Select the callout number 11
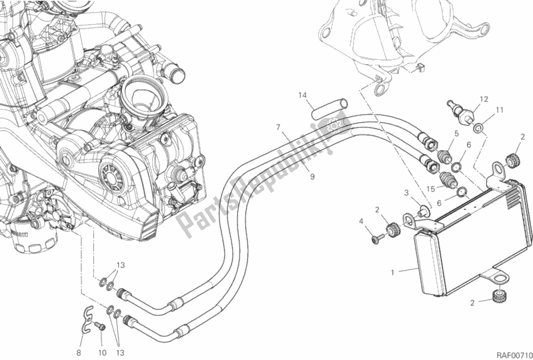tap(499, 110)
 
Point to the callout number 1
tap(394, 271)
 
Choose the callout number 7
tap(276, 126)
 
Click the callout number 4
tap(362, 221)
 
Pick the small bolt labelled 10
tap(100, 326)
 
